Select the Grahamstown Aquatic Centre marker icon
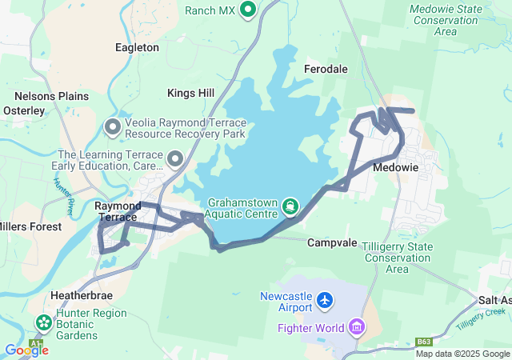pyautogui.click(x=289, y=207)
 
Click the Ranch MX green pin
pyautogui.click(x=248, y=10)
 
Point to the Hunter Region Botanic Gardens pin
pyautogui.click(x=43, y=324)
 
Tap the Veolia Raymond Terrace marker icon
pyautogui.click(x=113, y=127)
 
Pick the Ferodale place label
pyautogui.click(x=326, y=70)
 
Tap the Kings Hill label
pyautogui.click(x=190, y=94)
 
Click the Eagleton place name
pyautogui.click(x=137, y=47)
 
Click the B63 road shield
pyautogui.click(x=424, y=342)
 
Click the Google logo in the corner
pyautogui.click(x=26, y=350)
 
